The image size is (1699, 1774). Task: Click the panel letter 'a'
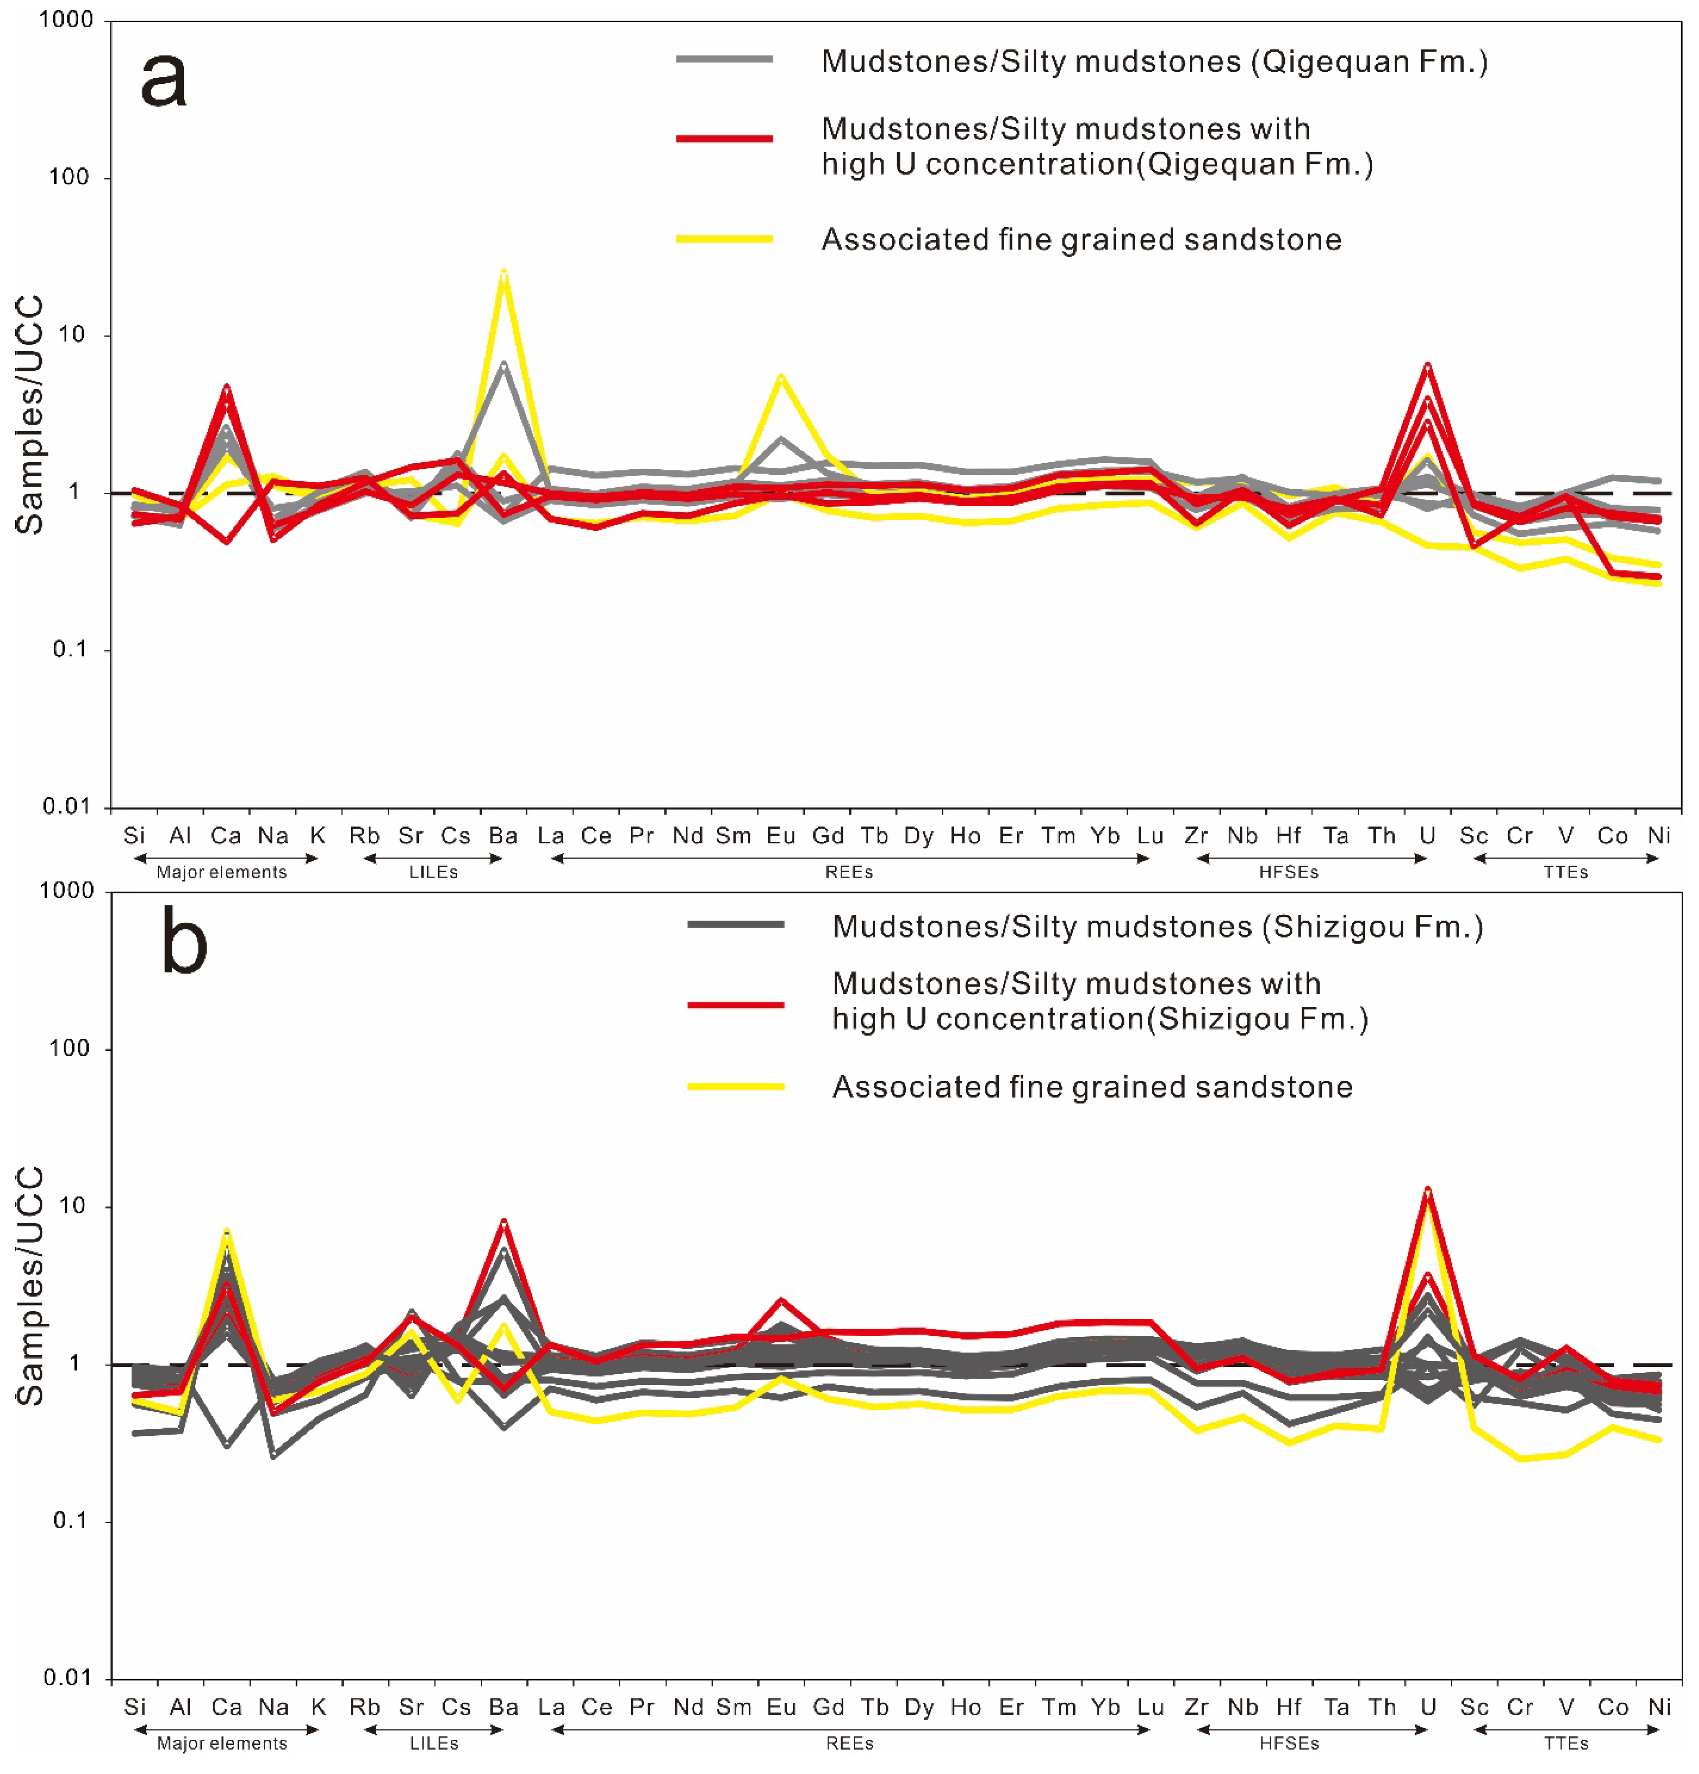[x=164, y=80]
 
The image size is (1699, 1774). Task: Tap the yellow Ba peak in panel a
[x=503, y=272]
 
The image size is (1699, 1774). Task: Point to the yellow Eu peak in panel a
[x=780, y=376]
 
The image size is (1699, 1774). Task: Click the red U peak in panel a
[x=1427, y=365]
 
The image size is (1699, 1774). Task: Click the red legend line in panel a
[x=724, y=138]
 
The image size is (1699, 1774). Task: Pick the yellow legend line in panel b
[x=735, y=1086]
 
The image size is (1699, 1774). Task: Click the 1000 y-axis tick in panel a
[x=65, y=20]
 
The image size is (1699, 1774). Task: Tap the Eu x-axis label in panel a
[x=780, y=835]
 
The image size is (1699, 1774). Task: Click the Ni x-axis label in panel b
[x=1658, y=1707]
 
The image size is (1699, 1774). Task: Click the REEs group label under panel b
[x=849, y=1743]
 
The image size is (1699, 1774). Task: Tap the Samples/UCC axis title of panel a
[x=30, y=415]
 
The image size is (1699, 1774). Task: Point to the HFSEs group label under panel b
[x=1289, y=1743]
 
